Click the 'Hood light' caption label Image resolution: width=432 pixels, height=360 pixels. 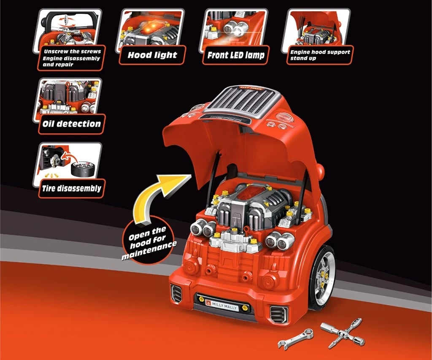[x=152, y=55]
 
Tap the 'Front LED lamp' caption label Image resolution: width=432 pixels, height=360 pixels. [x=236, y=55]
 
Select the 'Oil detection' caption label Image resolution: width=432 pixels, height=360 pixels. [x=71, y=124]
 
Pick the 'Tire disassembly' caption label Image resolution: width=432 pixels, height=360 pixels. [x=71, y=188]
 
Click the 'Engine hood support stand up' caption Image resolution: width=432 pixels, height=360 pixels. [x=320, y=55]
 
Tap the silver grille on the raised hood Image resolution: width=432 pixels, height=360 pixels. [x=241, y=101]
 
